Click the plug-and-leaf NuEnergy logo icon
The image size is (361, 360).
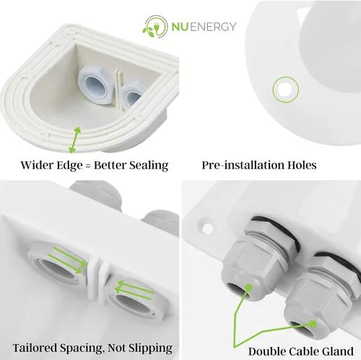155,27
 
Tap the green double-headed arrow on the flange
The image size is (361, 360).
75,140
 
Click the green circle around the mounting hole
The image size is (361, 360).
286,90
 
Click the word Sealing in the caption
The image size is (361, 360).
149,166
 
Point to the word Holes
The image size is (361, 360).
302,165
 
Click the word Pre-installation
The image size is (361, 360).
243,165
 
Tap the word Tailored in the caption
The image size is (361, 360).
35,348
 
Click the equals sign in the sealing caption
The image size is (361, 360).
88,166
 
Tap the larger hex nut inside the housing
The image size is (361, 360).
95,85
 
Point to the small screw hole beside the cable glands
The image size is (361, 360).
208,228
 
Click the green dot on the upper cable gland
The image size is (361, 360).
248,288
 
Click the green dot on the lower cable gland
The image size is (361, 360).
313,324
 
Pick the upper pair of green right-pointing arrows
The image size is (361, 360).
68,260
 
